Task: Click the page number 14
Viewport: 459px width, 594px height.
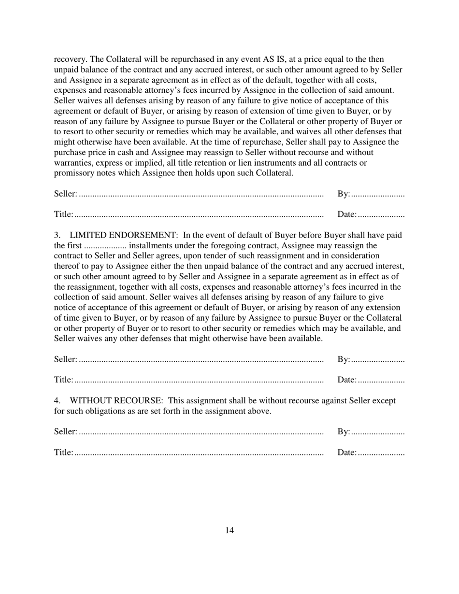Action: click(229, 530)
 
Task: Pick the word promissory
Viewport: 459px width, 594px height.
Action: click(74, 173)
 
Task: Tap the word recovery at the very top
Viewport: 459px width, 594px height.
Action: click(70, 59)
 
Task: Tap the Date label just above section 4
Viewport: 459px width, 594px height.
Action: click(346, 380)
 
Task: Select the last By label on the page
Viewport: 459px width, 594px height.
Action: click(343, 432)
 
